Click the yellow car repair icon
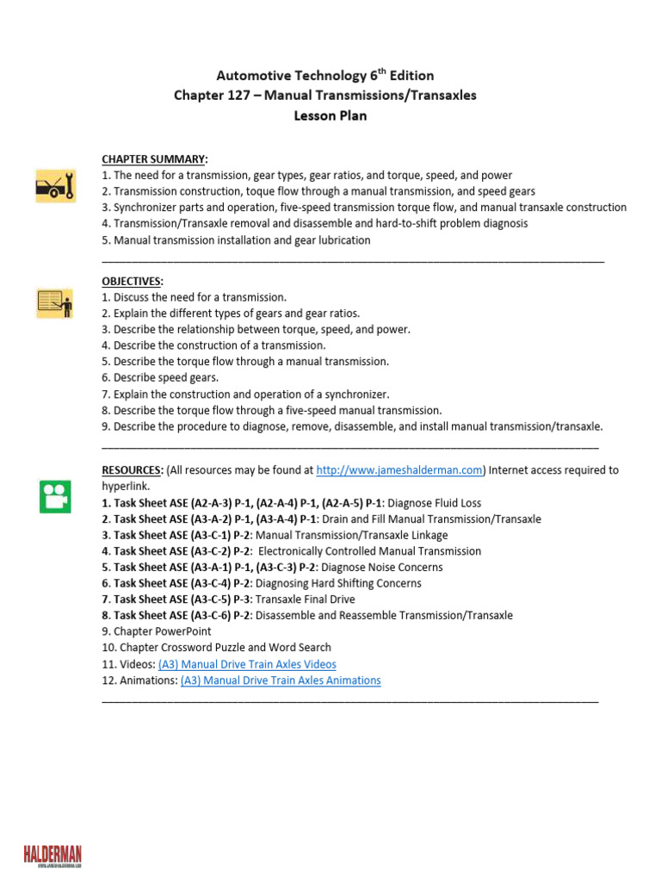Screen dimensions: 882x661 pos(55,185)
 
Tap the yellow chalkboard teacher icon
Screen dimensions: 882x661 pos(55,303)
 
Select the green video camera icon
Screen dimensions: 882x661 pos(55,496)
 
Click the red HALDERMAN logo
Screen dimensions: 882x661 pos(53,854)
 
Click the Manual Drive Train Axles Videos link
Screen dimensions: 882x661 pos(247,664)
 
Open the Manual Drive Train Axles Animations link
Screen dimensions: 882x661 pos(281,680)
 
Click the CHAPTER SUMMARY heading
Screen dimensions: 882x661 pos(154,159)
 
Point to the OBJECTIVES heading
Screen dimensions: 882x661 pos(132,282)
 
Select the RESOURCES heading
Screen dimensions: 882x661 pos(132,470)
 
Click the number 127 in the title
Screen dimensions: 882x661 pos(240,95)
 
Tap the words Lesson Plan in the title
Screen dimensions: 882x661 pos(330,115)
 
